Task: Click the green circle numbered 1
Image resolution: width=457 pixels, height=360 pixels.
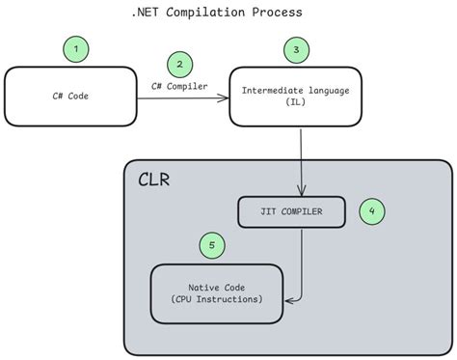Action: pyautogui.click(x=76, y=47)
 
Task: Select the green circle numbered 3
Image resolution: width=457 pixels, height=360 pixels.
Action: pyautogui.click(x=297, y=47)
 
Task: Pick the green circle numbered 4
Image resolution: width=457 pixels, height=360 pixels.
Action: pyautogui.click(x=373, y=211)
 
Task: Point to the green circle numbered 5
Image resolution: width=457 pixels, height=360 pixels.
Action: pyautogui.click(x=212, y=245)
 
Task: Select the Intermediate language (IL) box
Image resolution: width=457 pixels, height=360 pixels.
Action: pyautogui.click(x=295, y=96)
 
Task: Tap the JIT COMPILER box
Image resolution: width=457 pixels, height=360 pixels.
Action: pyautogui.click(x=291, y=211)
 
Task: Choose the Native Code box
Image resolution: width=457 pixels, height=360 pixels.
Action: pyautogui.click(x=217, y=293)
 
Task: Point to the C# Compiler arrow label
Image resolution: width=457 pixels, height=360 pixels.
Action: pyautogui.click(x=181, y=85)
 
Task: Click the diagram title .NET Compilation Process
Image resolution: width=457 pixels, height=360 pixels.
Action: pyautogui.click(x=216, y=13)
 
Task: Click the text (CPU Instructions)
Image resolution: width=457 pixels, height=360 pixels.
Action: pyautogui.click(x=217, y=299)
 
